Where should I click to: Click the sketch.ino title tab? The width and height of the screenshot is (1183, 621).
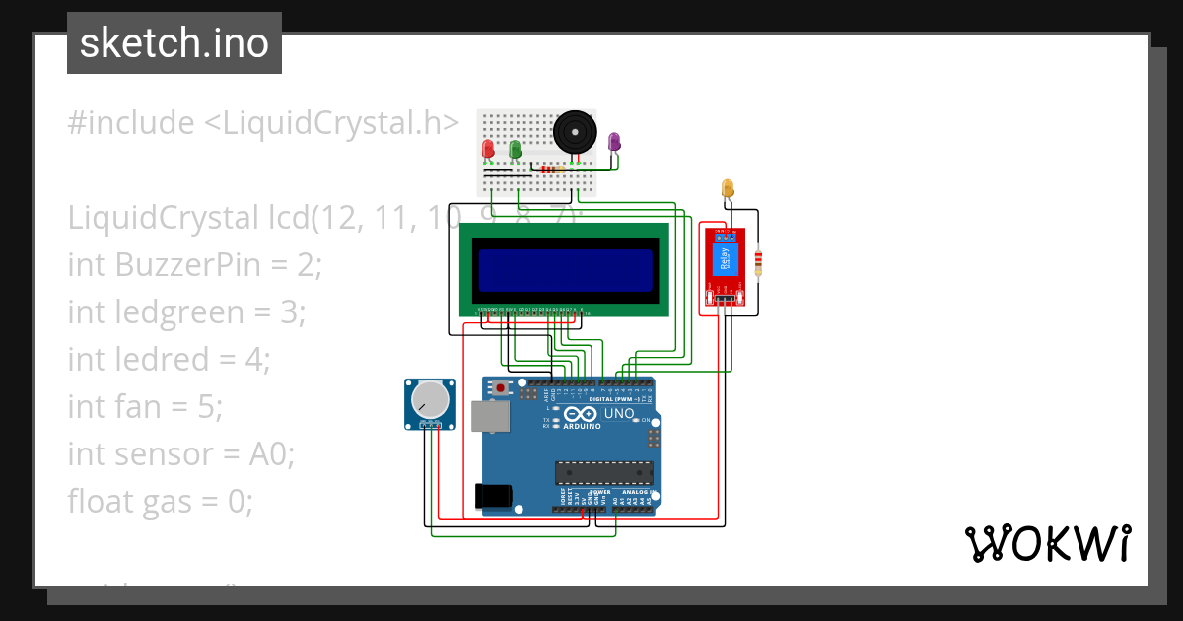174,43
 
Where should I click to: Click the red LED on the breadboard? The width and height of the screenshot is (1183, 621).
487,149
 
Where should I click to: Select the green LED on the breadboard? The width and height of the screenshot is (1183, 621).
515,148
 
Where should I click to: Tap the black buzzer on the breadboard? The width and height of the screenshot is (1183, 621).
574,133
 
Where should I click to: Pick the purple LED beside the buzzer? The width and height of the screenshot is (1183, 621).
614,142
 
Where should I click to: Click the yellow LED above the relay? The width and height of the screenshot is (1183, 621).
728,187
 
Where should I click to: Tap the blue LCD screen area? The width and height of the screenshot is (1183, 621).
565,270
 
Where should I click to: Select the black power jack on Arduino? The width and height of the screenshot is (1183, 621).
493,496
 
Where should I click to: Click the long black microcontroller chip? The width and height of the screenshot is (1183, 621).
603,473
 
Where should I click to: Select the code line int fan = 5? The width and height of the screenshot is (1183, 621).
146,406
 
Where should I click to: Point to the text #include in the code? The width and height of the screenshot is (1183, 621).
131,123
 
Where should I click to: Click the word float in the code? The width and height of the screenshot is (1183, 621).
101,501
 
